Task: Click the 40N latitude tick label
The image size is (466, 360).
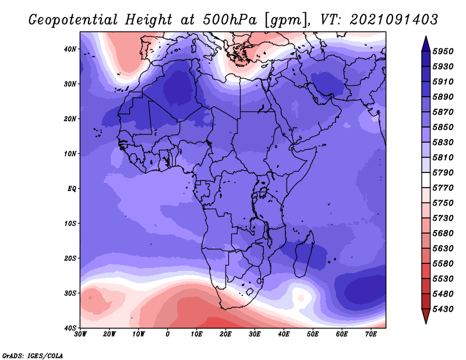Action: click(x=70, y=49)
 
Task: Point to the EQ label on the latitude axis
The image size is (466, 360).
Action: click(x=72, y=189)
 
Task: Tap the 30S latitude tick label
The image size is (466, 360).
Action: click(x=70, y=293)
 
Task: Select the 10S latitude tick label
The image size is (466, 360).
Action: click(x=70, y=223)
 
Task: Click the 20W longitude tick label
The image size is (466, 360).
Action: click(x=109, y=334)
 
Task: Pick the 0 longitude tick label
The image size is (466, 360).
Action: click(x=168, y=334)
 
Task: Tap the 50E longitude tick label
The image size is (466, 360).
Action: click(x=313, y=334)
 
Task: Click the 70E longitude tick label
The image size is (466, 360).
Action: click(x=370, y=334)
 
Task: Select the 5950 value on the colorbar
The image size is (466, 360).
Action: click(x=443, y=51)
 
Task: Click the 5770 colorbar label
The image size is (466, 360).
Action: click(x=443, y=188)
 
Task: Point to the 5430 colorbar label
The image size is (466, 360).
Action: click(x=443, y=309)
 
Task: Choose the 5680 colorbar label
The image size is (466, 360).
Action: click(x=443, y=234)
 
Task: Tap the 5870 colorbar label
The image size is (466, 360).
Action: click(x=443, y=112)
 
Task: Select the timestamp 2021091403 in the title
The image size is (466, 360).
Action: click(x=394, y=20)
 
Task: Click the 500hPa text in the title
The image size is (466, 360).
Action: click(x=230, y=20)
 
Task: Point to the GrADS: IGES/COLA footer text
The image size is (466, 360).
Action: click(x=33, y=356)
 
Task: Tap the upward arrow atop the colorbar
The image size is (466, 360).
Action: click(x=426, y=44)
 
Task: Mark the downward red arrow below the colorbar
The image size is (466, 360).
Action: click(x=426, y=316)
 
